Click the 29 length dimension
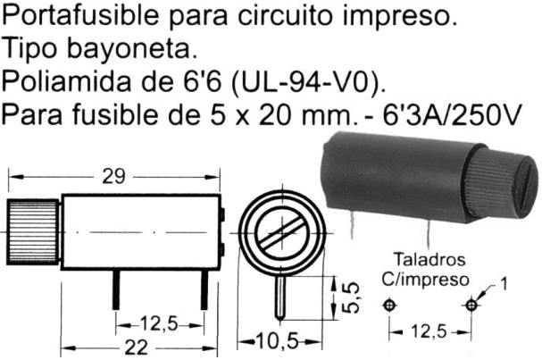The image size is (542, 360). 113,176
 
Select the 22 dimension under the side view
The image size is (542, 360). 134,347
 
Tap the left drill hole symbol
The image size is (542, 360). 388,306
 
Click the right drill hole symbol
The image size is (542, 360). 471,306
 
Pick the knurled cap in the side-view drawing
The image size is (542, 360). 32,230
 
